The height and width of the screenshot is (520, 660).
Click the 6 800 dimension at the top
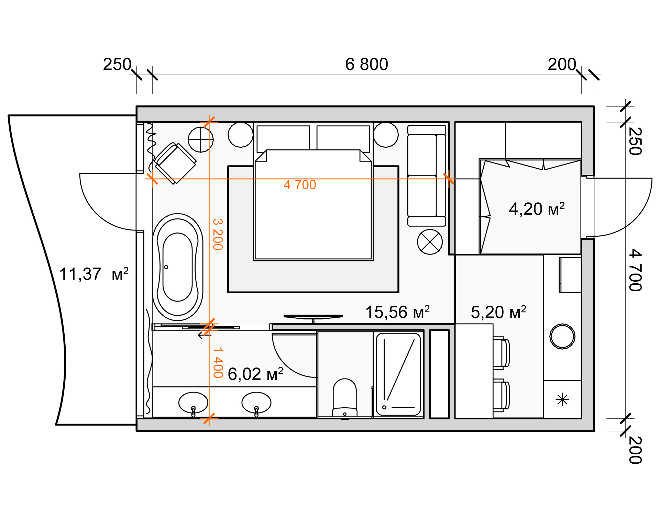pos(366,65)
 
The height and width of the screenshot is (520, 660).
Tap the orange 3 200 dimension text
pos(218,234)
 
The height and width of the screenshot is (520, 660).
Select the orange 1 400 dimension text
pos(218,363)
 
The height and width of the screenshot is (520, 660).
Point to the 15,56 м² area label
pos(397,312)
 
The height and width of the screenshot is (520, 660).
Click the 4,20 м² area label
pos(537,208)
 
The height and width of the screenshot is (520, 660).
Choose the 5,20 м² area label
pos(498,312)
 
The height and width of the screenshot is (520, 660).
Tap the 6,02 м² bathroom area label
pos(255,374)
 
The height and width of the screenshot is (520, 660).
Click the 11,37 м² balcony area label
pos(94,274)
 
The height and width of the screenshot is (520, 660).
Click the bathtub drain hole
pos(166,267)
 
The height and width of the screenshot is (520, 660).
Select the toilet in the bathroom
pos(345,398)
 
